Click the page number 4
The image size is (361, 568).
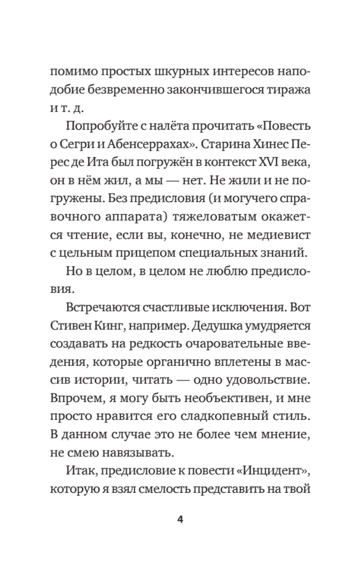pos(180,520)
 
